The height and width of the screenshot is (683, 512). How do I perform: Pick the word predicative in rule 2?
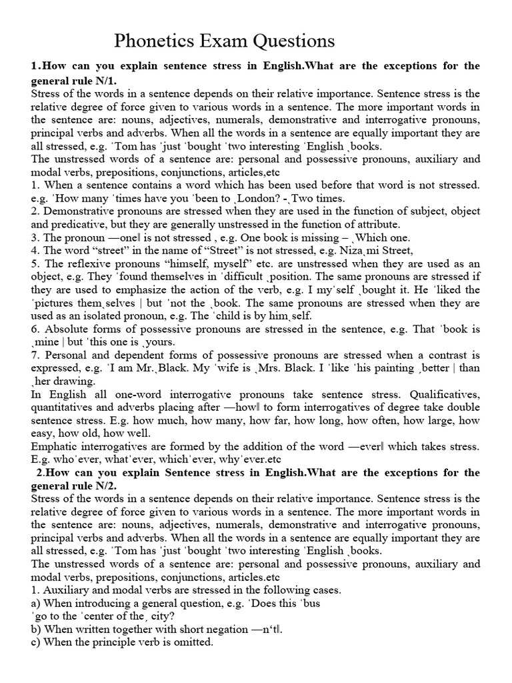pos(74,224)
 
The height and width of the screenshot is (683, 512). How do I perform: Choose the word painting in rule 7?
pos(387,368)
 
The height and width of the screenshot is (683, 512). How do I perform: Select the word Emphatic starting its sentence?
pos(55,446)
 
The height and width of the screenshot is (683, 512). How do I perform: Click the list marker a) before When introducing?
pos(36,603)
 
